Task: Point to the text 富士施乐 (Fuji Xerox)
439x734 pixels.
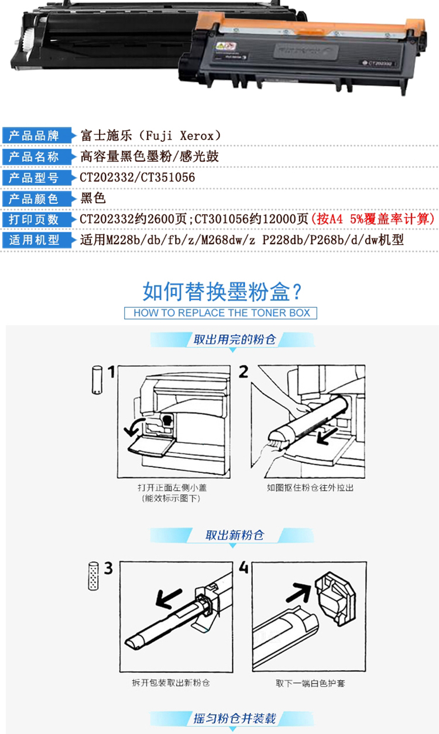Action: coord(150,135)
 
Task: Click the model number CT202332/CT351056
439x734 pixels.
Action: coord(138,177)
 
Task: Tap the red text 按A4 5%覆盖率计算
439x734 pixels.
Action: coord(373,219)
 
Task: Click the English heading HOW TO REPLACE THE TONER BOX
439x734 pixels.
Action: coord(221,313)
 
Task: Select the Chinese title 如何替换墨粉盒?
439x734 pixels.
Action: coord(222,291)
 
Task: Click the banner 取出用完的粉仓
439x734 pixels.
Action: coord(234,340)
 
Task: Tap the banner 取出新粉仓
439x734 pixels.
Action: coord(234,535)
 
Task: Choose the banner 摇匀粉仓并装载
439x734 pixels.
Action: coord(234,719)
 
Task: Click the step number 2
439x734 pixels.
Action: coord(243,372)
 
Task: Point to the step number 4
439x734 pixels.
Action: coord(243,567)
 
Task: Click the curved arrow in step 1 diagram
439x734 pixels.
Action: coord(133,427)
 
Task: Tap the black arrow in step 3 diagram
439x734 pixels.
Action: coord(169,598)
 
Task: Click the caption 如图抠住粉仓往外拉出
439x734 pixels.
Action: coord(310,488)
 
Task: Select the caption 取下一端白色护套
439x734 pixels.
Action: coord(310,683)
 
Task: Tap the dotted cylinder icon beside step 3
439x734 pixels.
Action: coord(94,577)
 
